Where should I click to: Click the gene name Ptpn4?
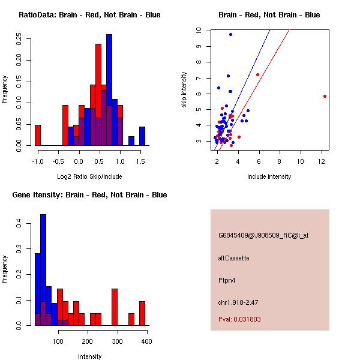(x=227, y=280)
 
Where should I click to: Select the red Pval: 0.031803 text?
(x=239, y=319)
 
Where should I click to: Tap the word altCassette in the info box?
(x=233, y=258)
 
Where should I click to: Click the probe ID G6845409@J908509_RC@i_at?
(x=263, y=236)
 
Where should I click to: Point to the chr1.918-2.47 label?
(x=238, y=302)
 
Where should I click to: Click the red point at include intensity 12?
(x=325, y=97)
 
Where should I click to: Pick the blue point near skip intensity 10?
(x=230, y=35)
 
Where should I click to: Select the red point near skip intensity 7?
(x=257, y=75)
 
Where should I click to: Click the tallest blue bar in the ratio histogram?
(x=109, y=90)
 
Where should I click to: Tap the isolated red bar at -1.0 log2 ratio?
(x=38, y=135)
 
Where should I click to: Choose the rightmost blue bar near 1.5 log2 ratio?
(x=142, y=136)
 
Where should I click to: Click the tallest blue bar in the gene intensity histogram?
(x=43, y=270)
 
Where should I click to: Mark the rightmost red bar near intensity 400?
(x=142, y=313)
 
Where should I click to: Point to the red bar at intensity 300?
(x=115, y=307)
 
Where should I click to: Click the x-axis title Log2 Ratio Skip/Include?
(x=89, y=176)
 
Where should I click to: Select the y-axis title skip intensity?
(x=184, y=89)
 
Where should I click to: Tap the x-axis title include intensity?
(x=269, y=176)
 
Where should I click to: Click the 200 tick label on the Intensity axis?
(x=87, y=341)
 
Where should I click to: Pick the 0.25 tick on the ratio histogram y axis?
(x=19, y=39)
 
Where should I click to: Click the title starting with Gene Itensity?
(x=89, y=194)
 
